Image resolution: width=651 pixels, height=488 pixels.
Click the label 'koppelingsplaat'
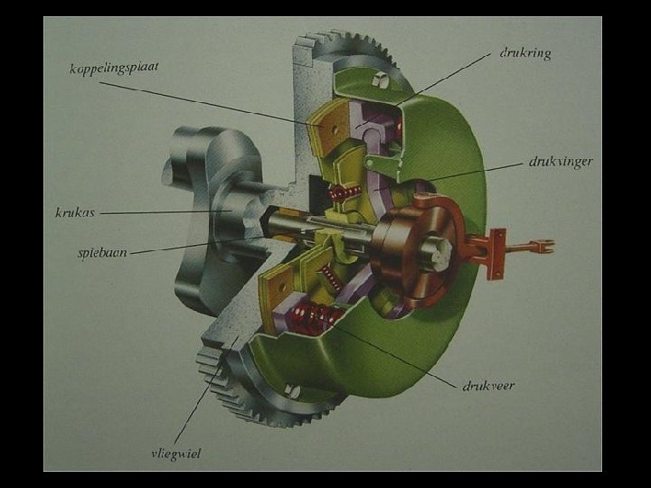coord(114,68)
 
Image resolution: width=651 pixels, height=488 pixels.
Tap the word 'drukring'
coord(525,53)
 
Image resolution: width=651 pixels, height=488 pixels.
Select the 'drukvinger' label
coord(561,162)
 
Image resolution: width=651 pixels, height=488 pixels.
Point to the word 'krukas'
coord(75,213)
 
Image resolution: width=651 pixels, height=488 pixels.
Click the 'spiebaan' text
coord(102,252)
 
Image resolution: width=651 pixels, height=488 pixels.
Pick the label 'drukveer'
coord(488,386)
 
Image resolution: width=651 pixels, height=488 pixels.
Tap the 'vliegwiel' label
coord(176,454)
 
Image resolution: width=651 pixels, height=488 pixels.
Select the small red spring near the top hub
coord(344,192)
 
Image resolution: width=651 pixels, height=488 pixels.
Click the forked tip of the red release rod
coord(547,246)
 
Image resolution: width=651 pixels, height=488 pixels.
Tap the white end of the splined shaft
coord(440,252)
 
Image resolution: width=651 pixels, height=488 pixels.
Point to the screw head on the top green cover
coord(379,79)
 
